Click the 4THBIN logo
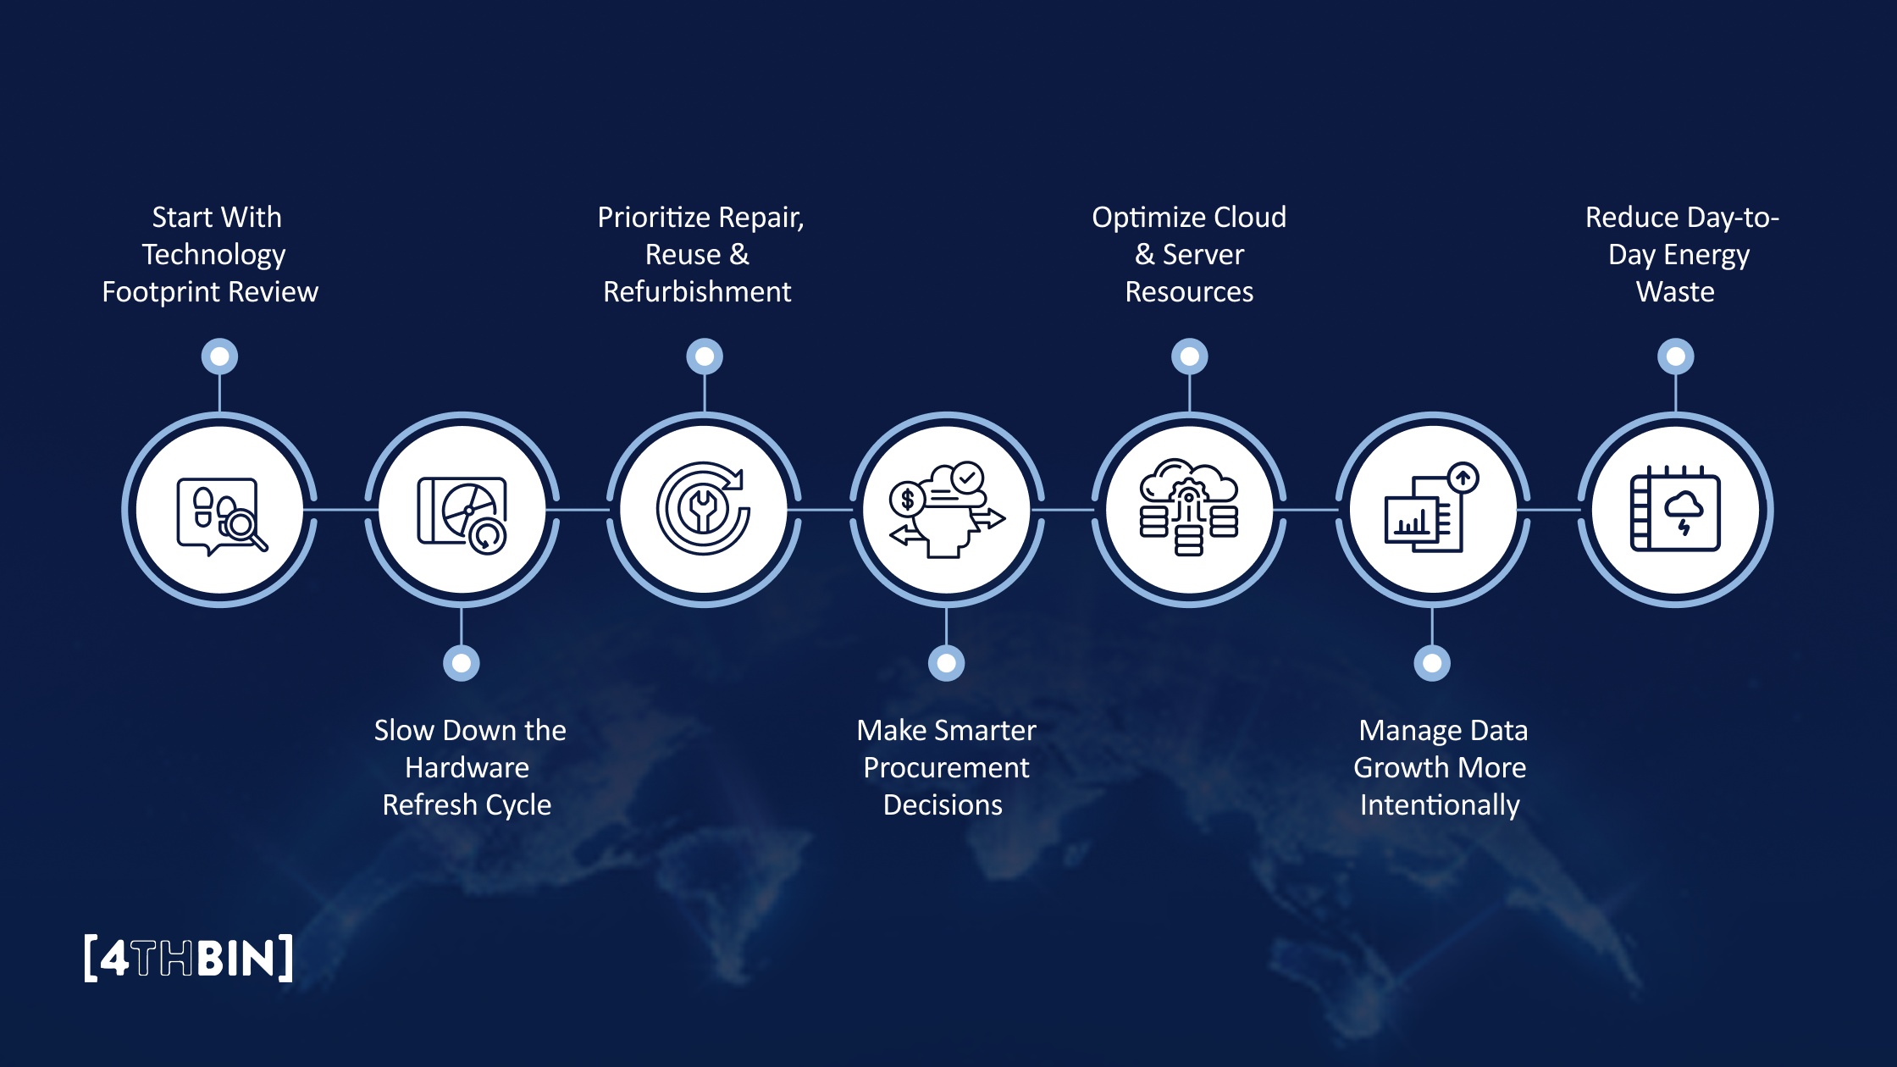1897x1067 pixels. (189, 958)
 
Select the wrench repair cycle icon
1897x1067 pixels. (703, 509)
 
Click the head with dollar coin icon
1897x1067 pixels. (947, 510)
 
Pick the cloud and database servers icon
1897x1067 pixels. (1189, 508)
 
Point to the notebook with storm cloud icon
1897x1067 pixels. (1675, 509)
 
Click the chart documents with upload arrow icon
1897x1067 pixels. (1432, 508)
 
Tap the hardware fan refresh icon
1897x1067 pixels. (462, 511)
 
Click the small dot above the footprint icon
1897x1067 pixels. (219, 357)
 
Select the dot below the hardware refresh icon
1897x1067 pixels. (462, 663)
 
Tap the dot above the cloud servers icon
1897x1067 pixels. (1189, 357)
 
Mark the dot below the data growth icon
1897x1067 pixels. (1432, 663)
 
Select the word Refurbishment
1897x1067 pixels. (697, 292)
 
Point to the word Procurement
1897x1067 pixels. (946, 768)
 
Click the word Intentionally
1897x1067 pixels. (1440, 805)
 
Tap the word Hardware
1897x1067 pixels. (467, 768)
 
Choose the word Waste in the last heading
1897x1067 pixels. (1675, 292)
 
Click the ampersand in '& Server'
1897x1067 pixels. (1144, 255)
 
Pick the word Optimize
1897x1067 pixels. (1141, 218)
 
